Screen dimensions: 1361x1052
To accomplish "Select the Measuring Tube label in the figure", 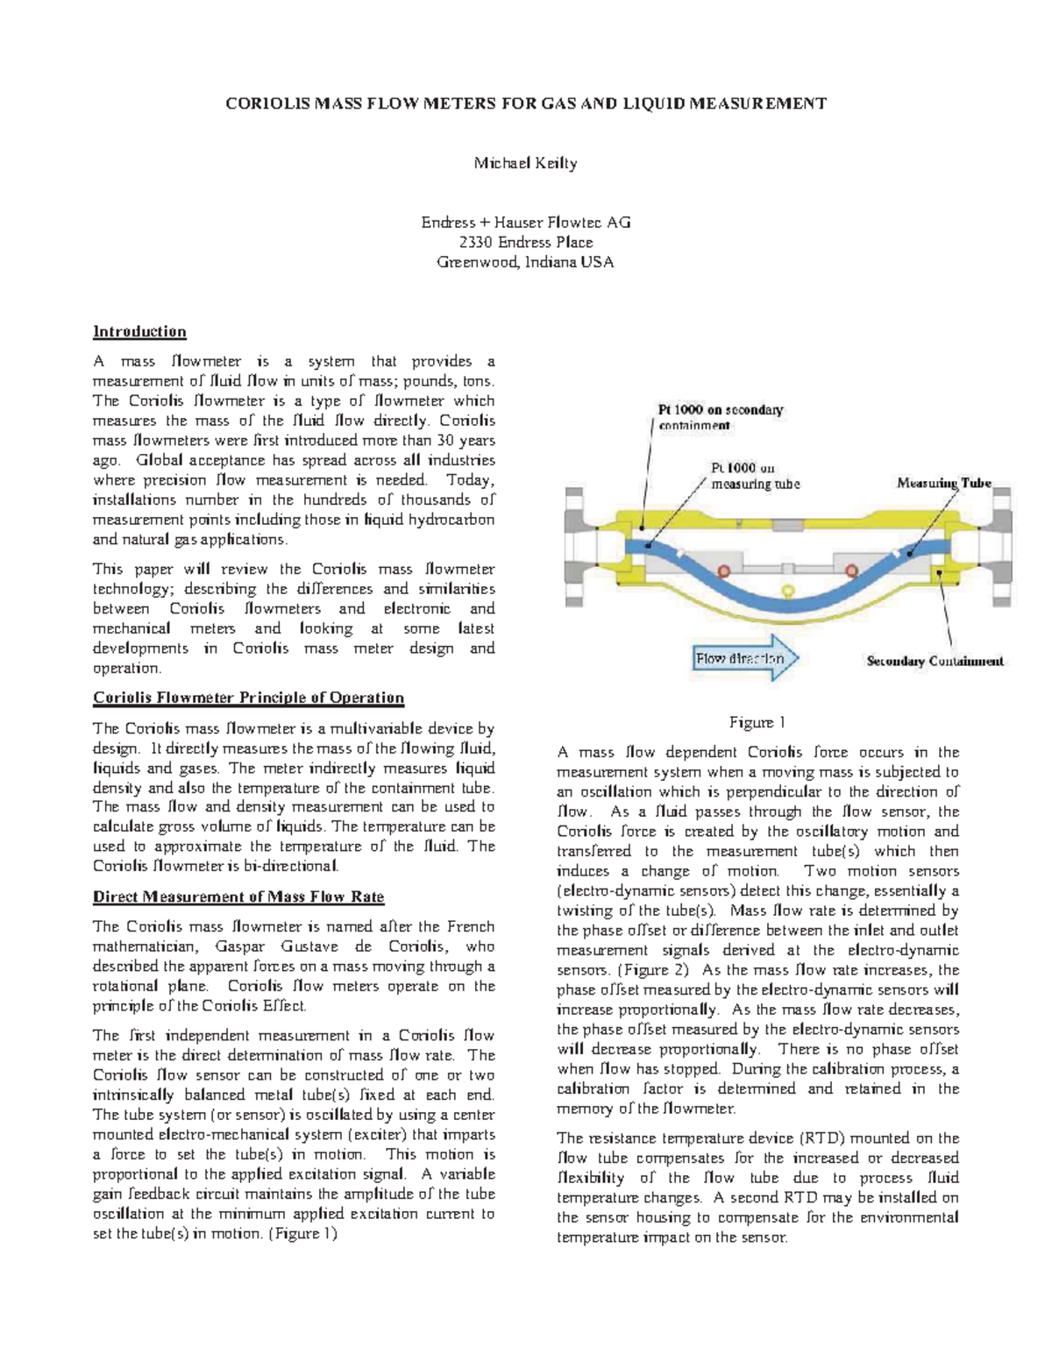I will pos(943,483).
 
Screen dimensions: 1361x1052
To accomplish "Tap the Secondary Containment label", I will pos(935,662).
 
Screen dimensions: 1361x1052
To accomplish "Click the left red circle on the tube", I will pos(724,571).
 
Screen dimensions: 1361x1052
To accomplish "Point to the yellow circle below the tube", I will pos(788,591).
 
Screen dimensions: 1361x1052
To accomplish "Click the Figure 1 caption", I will pos(757,723).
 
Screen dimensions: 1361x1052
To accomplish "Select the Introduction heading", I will pos(139,331).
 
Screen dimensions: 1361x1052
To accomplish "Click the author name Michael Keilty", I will pos(525,164).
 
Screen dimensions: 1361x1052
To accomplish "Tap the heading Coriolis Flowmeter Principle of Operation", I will pos(248,698).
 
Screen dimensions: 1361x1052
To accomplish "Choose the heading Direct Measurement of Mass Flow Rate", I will pos(238,897).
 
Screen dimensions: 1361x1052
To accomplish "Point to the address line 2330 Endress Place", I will pos(525,242).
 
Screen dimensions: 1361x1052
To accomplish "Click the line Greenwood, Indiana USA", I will pos(525,262).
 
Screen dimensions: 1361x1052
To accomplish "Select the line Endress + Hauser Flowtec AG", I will pos(525,223).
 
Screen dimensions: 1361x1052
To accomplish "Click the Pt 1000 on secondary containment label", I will pos(721,417).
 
